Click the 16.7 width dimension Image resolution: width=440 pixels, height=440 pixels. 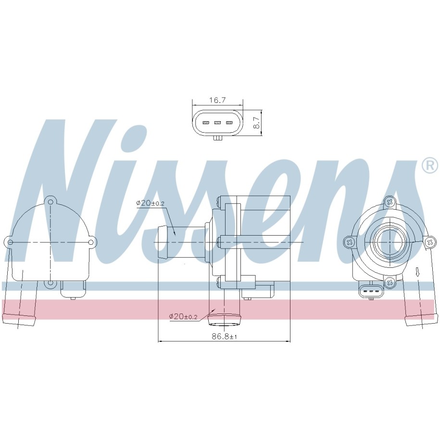coord(218,100)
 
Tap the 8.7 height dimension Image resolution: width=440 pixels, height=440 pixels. coord(256,123)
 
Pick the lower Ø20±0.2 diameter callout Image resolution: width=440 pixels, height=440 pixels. coord(183,316)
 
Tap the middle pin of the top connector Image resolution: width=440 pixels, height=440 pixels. coord(218,123)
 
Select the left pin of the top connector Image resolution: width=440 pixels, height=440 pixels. coord(206,123)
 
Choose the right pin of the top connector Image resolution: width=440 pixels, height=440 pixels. coord(229,123)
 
